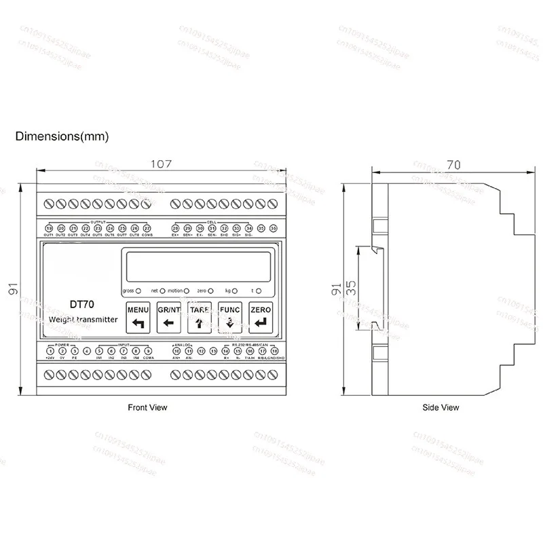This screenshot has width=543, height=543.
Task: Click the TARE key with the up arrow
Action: tap(200, 317)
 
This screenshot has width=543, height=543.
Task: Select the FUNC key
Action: tap(229, 317)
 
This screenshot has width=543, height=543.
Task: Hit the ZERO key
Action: tap(260, 317)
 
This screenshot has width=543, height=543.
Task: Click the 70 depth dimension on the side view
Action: tap(453, 164)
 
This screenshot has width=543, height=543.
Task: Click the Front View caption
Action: tap(147, 407)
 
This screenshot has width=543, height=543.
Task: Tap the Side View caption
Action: tap(441, 407)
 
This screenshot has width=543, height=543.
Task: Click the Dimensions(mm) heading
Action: tap(62, 136)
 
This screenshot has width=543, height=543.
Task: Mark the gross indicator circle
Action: tap(138, 291)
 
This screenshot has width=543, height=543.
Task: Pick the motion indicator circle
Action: tap(186, 291)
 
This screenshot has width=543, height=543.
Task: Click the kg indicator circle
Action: tap(238, 291)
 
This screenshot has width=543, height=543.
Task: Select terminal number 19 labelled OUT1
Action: tap(50, 229)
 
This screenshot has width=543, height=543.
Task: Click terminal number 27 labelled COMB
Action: tap(147, 229)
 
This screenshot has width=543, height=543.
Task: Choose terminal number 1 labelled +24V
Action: tap(50, 351)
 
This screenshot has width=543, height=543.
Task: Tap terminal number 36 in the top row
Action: tap(273, 229)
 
